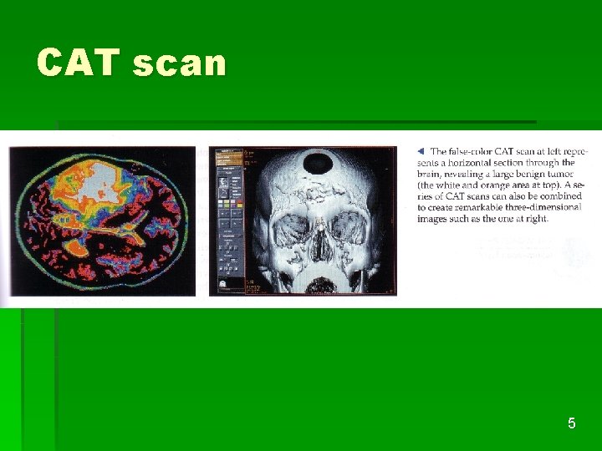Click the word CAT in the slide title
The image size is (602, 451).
pyautogui.click(x=79, y=63)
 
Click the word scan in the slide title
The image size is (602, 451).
pyautogui.click(x=179, y=63)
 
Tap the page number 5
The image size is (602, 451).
pyautogui.click(x=571, y=423)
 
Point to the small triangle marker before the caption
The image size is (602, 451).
pyautogui.click(x=421, y=151)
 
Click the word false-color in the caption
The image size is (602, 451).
pyautogui.click(x=473, y=151)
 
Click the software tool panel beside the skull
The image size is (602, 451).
pyautogui.click(x=229, y=220)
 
